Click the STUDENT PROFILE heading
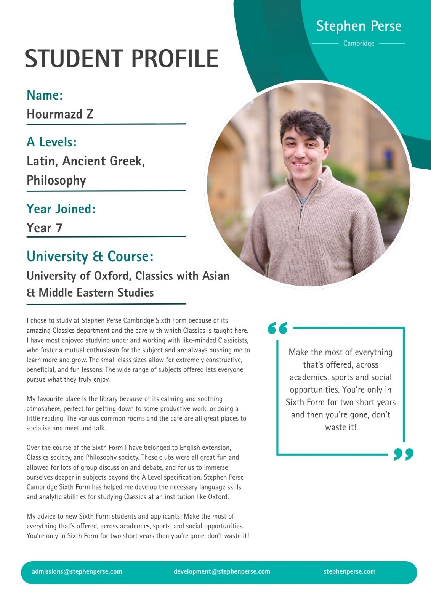click(x=121, y=58)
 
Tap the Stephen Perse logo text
click(x=359, y=26)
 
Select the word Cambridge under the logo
click(x=359, y=43)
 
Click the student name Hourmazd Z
click(x=60, y=114)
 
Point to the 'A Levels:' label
click(x=51, y=142)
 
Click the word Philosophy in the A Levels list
click(x=56, y=180)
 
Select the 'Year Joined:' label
click(x=61, y=209)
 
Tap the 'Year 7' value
click(x=44, y=228)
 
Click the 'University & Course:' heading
click(x=90, y=257)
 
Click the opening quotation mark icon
click(x=277, y=328)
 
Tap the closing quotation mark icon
click(x=404, y=454)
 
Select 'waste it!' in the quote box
click(x=341, y=427)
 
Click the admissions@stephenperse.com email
click(x=77, y=571)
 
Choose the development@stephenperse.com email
click(x=222, y=571)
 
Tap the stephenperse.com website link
click(x=349, y=571)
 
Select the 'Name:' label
click(x=45, y=95)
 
